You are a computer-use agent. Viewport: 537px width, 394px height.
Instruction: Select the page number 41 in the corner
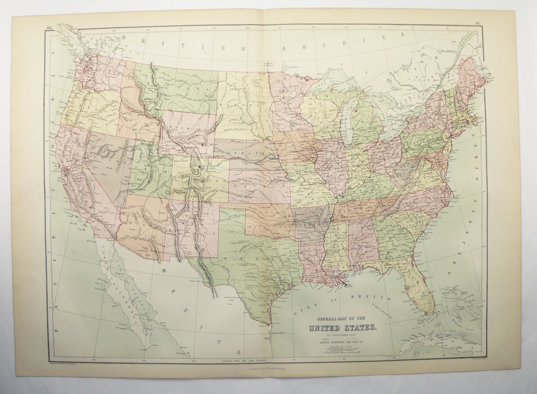click(478, 23)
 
